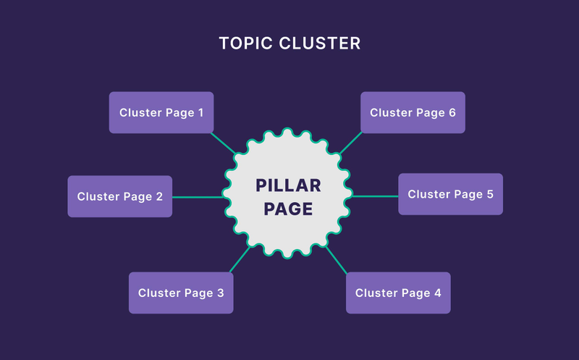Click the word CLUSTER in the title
tap(320, 43)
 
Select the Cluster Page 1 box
tap(161, 112)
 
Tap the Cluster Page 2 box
tap(120, 196)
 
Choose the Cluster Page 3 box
tap(181, 293)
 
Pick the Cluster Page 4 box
tap(398, 293)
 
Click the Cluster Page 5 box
tap(450, 194)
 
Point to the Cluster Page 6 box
tap(413, 112)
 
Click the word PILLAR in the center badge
tap(288, 185)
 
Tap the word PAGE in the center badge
tap(288, 209)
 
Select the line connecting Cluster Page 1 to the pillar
tap(223, 143)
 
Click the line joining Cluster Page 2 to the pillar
tap(198, 197)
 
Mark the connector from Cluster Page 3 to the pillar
tap(240, 259)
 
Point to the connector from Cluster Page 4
tap(336, 260)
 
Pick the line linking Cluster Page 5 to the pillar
tap(375, 196)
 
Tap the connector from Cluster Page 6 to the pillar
tap(351, 143)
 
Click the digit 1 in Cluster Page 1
tap(201, 112)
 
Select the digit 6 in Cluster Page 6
tap(452, 112)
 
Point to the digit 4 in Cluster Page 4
tap(438, 293)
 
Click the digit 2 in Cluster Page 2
tap(159, 196)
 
